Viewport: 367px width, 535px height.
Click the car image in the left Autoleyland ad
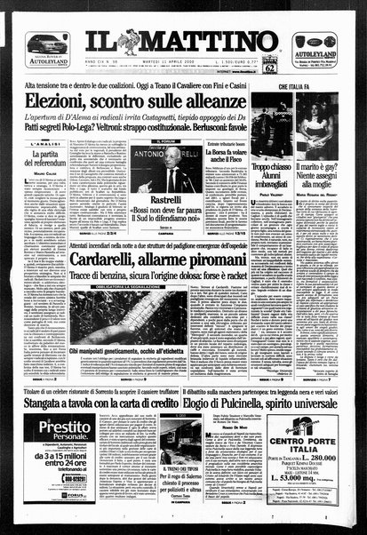[x=46, y=43]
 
